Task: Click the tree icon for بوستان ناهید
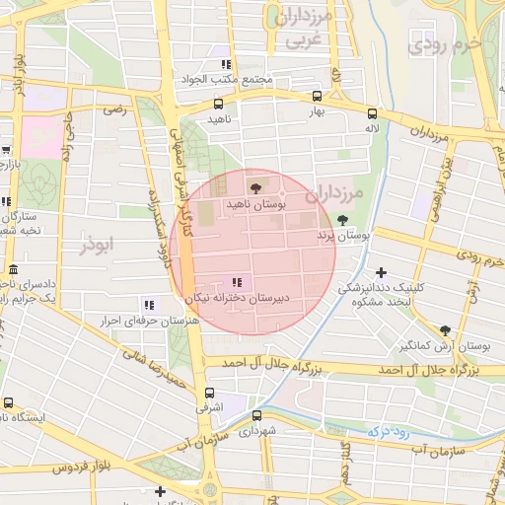256,187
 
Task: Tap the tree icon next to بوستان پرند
342,220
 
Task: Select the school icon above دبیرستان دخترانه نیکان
234,283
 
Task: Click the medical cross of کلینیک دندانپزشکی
382,271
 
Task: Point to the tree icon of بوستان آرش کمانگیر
445,330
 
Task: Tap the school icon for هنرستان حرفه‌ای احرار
148,305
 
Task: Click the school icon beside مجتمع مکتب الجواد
226,64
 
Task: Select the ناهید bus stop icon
218,103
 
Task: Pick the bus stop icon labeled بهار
317,97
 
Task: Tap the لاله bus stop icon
372,112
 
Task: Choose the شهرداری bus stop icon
257,415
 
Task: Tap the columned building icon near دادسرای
12,270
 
